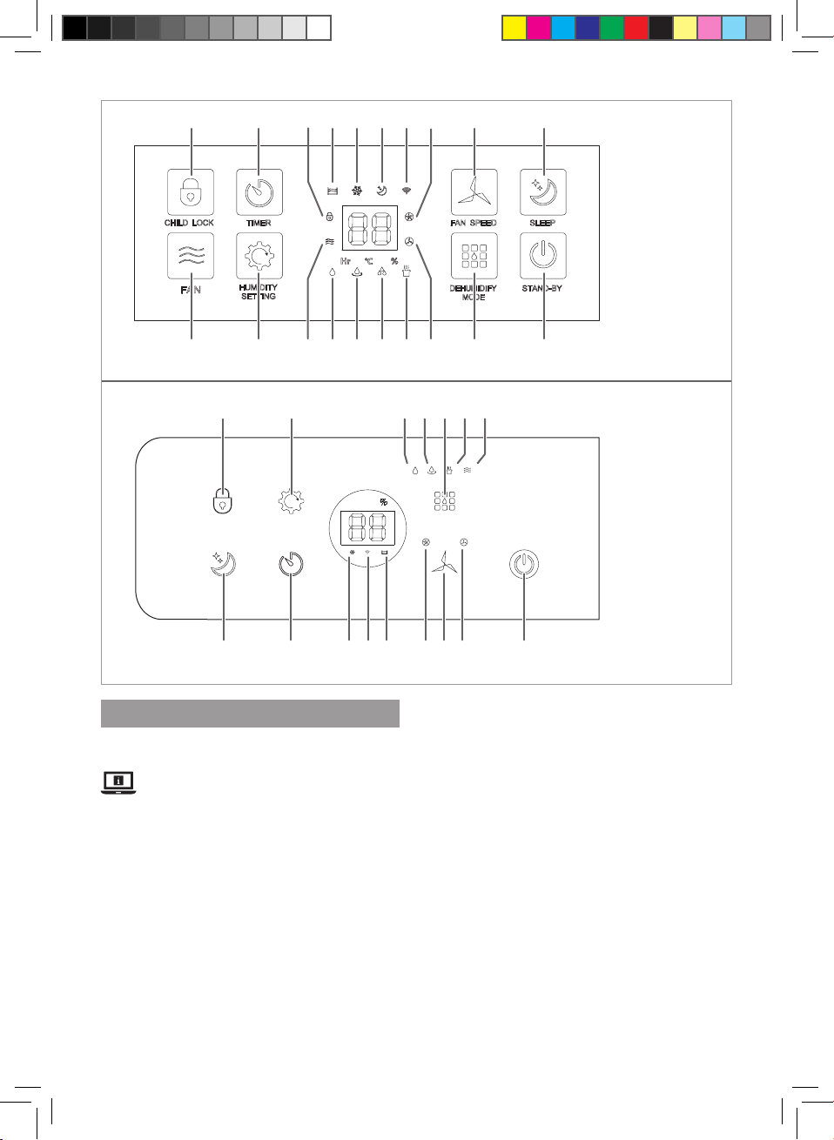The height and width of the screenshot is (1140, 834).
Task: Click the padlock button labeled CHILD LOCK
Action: coord(190,192)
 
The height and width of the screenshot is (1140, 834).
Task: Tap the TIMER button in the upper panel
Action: coord(259,192)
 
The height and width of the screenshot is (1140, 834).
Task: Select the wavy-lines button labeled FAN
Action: coord(190,256)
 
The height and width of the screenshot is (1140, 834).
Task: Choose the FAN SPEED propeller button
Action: coord(474,192)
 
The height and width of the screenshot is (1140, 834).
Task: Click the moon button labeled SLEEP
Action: coord(543,192)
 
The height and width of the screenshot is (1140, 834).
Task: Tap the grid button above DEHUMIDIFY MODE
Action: coord(474,256)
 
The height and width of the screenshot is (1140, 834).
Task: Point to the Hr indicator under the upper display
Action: coord(346,261)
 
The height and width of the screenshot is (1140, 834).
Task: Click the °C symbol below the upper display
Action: coord(369,261)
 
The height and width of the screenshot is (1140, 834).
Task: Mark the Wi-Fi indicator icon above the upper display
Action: coord(407,190)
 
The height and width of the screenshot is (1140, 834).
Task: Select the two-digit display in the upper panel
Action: coord(370,228)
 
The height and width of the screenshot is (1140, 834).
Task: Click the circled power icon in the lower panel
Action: coord(523,564)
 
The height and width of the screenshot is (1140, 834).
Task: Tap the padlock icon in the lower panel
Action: coord(224,502)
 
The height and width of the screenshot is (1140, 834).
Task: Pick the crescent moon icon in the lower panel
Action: coord(223,564)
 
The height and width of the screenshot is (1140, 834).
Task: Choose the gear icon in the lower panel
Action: coord(291,502)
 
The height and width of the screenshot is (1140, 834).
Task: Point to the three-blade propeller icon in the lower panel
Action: coord(444,564)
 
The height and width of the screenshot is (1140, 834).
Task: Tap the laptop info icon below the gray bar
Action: coord(118,783)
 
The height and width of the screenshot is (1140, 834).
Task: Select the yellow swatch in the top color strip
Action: coord(515,29)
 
